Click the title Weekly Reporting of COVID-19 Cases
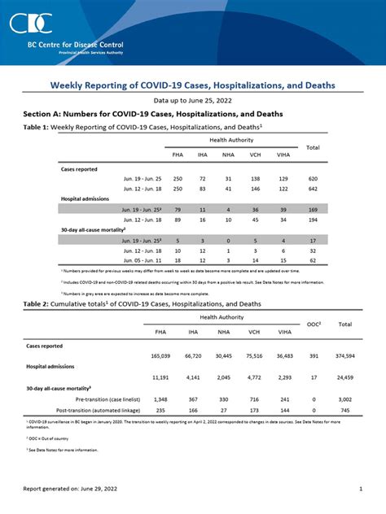click(193, 85)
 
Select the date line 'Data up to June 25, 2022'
click(193, 101)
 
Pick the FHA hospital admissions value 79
click(178, 209)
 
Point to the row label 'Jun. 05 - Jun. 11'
click(143, 260)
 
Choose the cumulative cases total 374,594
click(344, 356)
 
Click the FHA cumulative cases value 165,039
click(160, 356)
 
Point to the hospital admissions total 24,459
click(344, 377)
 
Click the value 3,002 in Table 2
click(344, 399)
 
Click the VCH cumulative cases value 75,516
click(254, 356)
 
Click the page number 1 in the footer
click(360, 489)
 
